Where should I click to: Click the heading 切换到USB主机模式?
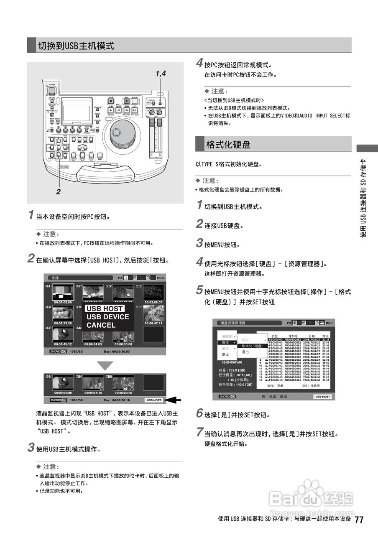pos(76,46)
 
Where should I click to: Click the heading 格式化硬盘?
pos(228,145)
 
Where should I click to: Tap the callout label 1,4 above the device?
pos(161,74)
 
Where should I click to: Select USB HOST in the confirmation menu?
pos(105,308)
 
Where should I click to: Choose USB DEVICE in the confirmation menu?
pos(107,317)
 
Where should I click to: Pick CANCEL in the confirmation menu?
pos(101,325)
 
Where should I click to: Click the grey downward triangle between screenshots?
pos(105,366)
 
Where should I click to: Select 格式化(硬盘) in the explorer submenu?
pos(252,346)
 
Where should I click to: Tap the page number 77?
pos(359,520)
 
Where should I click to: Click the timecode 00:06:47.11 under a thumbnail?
pos(153,324)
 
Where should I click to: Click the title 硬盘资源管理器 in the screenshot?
pos(233,323)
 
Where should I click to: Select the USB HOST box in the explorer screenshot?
pos(322,396)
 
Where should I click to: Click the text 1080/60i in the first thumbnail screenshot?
pos(78,352)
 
